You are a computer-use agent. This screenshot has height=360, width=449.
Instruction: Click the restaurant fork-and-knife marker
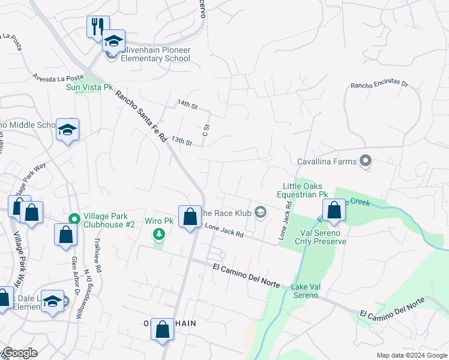coord(98,27)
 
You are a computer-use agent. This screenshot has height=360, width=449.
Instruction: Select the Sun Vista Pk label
coord(89,87)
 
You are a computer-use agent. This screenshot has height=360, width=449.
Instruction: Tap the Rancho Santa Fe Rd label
coord(141,116)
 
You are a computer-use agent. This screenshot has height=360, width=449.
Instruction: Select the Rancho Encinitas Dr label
coord(379,85)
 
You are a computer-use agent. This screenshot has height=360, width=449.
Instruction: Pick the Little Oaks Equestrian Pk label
coord(302,190)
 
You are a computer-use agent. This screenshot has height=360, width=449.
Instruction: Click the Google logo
coord(20,353)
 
